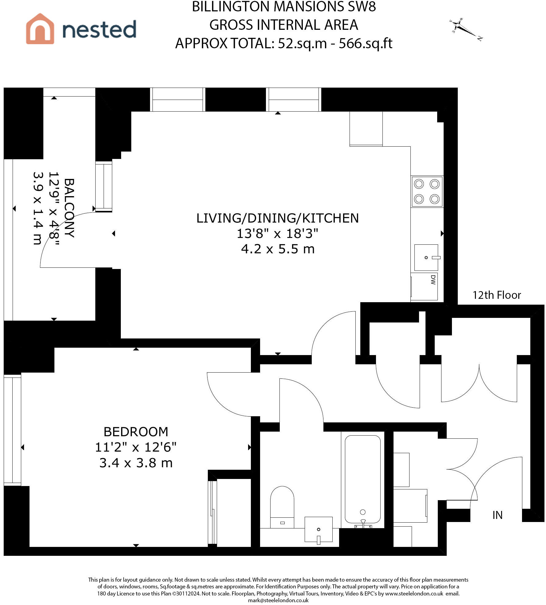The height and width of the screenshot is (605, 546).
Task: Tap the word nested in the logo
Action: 99,29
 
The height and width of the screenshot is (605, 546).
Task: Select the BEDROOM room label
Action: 136,432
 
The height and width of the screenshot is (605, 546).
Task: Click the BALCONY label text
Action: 69,208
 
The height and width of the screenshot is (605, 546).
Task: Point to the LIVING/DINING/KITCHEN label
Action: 278,218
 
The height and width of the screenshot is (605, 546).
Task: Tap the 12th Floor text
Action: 497,295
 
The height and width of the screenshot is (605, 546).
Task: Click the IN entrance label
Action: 497,515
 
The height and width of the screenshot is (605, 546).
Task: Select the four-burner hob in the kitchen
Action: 427,192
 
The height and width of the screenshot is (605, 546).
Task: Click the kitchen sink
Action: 426,258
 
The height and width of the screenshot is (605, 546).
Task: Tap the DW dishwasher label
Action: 433,280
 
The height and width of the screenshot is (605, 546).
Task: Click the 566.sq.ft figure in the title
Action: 366,43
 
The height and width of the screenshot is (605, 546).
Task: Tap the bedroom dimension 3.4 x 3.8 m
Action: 136,463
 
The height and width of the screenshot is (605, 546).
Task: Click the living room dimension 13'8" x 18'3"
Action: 277,233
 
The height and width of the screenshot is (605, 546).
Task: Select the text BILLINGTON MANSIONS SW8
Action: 284,7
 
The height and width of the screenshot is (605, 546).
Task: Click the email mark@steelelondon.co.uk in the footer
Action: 278,600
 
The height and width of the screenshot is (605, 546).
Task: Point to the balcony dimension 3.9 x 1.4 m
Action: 38,208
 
